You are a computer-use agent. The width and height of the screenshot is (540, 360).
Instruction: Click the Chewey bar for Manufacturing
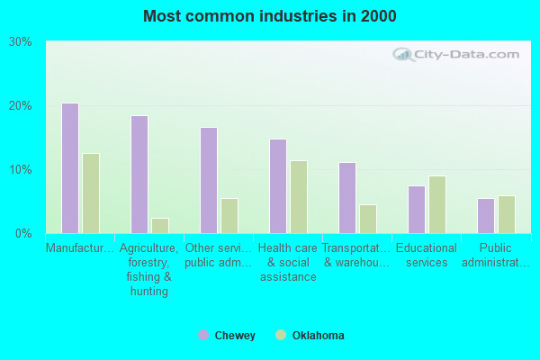coord(70,168)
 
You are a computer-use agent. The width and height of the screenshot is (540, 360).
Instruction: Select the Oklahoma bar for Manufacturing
coord(91,193)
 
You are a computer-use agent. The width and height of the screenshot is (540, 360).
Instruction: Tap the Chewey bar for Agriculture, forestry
coord(139,175)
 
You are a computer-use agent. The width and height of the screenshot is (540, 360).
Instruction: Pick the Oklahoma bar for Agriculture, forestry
coord(160,226)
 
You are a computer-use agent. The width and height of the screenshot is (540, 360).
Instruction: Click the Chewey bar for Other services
coord(209,180)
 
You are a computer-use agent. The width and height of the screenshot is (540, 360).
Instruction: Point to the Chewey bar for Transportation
coord(347,198)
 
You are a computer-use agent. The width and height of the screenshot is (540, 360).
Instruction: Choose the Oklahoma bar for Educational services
coord(437,204)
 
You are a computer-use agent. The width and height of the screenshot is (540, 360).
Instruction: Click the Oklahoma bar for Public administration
coord(507,214)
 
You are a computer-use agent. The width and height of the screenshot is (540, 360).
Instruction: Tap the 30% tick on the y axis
coord(21,42)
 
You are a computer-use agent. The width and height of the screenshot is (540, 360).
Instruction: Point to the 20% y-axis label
coord(21,106)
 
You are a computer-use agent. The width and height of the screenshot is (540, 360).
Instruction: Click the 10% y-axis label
coord(21,170)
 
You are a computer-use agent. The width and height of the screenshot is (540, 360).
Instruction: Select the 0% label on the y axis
coord(24,234)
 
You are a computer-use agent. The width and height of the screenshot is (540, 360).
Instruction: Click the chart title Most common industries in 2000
coord(269,16)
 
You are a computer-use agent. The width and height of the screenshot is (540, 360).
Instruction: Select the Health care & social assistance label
coord(288,262)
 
